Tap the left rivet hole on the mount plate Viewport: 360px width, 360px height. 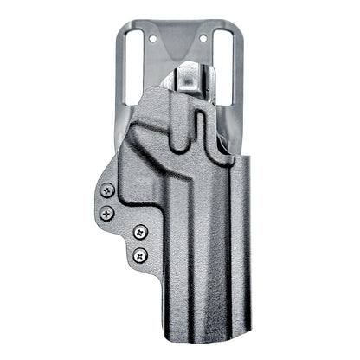(155, 39)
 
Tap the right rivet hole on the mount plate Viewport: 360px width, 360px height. (206, 39)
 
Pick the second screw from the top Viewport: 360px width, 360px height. (106, 210)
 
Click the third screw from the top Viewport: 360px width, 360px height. (139, 231)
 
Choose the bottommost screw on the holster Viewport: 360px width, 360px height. (138, 254)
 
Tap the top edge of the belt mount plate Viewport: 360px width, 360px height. (180, 26)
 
